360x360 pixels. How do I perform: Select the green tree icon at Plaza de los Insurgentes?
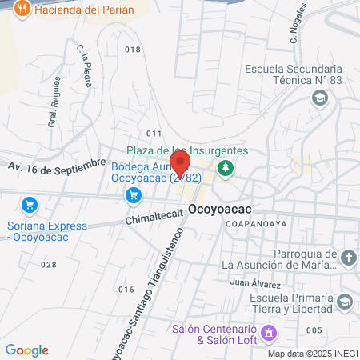[x=226, y=167]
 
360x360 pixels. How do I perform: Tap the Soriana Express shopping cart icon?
[x=30, y=205]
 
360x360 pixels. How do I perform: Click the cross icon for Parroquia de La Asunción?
[x=347, y=258]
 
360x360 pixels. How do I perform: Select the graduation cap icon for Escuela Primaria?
[x=345, y=302]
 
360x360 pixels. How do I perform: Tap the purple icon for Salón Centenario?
[x=269, y=331]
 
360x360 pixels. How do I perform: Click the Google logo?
[x=26, y=350]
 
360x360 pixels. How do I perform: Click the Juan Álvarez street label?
[x=254, y=283]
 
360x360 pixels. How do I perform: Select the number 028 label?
[x=49, y=264]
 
